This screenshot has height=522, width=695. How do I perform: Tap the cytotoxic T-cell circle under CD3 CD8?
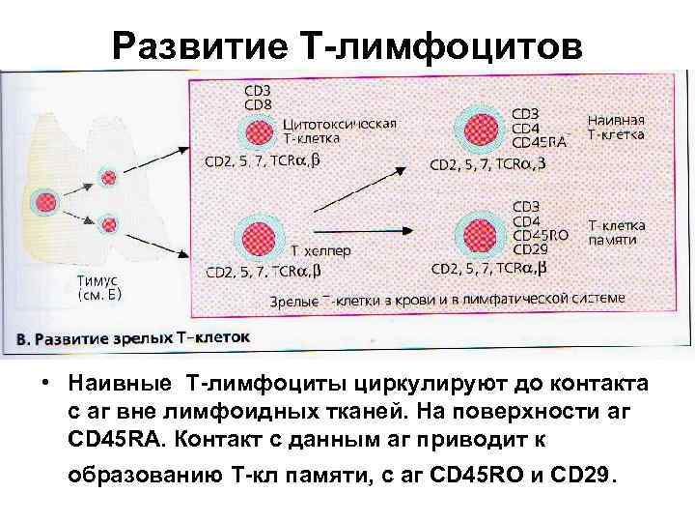pos(257,132)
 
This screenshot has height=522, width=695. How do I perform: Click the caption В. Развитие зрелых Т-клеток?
pos(133,339)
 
